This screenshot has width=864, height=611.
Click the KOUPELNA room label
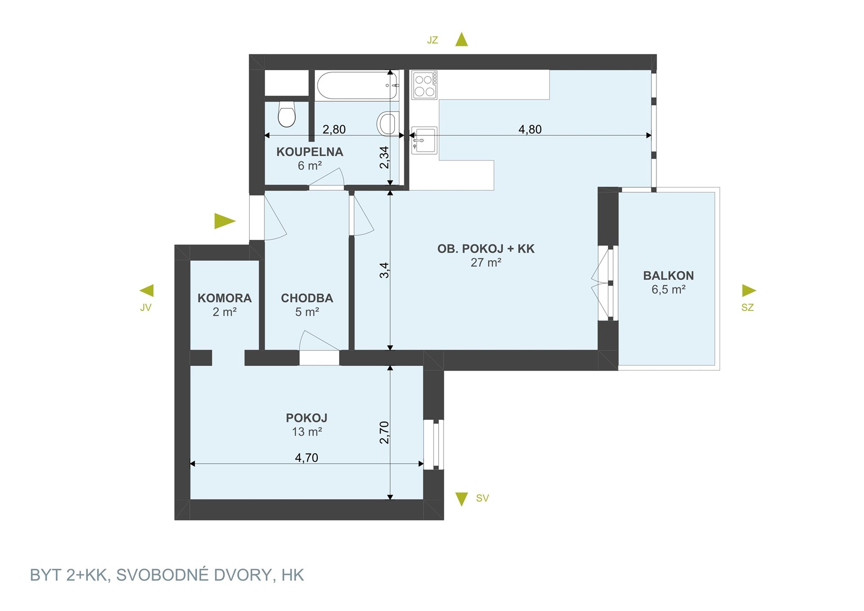point(310,152)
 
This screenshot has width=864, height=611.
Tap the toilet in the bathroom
point(287,114)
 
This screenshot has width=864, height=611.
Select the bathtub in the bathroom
point(358,85)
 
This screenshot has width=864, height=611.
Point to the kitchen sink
point(424,140)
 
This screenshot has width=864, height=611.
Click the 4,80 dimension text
point(530,130)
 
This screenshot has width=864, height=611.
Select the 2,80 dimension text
point(334,130)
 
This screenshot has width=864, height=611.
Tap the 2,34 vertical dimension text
point(384,157)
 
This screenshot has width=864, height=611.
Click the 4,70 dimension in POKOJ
point(306,458)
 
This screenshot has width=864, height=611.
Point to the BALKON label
point(668,275)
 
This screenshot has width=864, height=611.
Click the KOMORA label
point(225,298)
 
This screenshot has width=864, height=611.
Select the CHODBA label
point(307,298)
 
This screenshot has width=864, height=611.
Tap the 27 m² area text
point(486,262)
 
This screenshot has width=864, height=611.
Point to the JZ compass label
point(432,40)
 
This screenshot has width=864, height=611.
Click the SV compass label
point(482,498)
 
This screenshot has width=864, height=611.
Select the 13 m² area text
point(307,432)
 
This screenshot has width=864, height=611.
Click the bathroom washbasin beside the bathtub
point(387,123)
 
